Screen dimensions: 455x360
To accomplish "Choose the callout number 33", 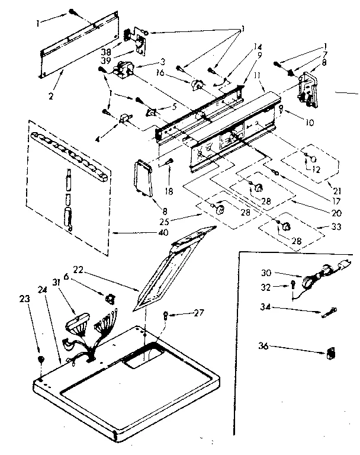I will click(x=320, y=227).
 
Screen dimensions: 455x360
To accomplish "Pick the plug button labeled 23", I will click(x=40, y=359).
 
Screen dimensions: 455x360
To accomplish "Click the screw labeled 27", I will click(x=168, y=314).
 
